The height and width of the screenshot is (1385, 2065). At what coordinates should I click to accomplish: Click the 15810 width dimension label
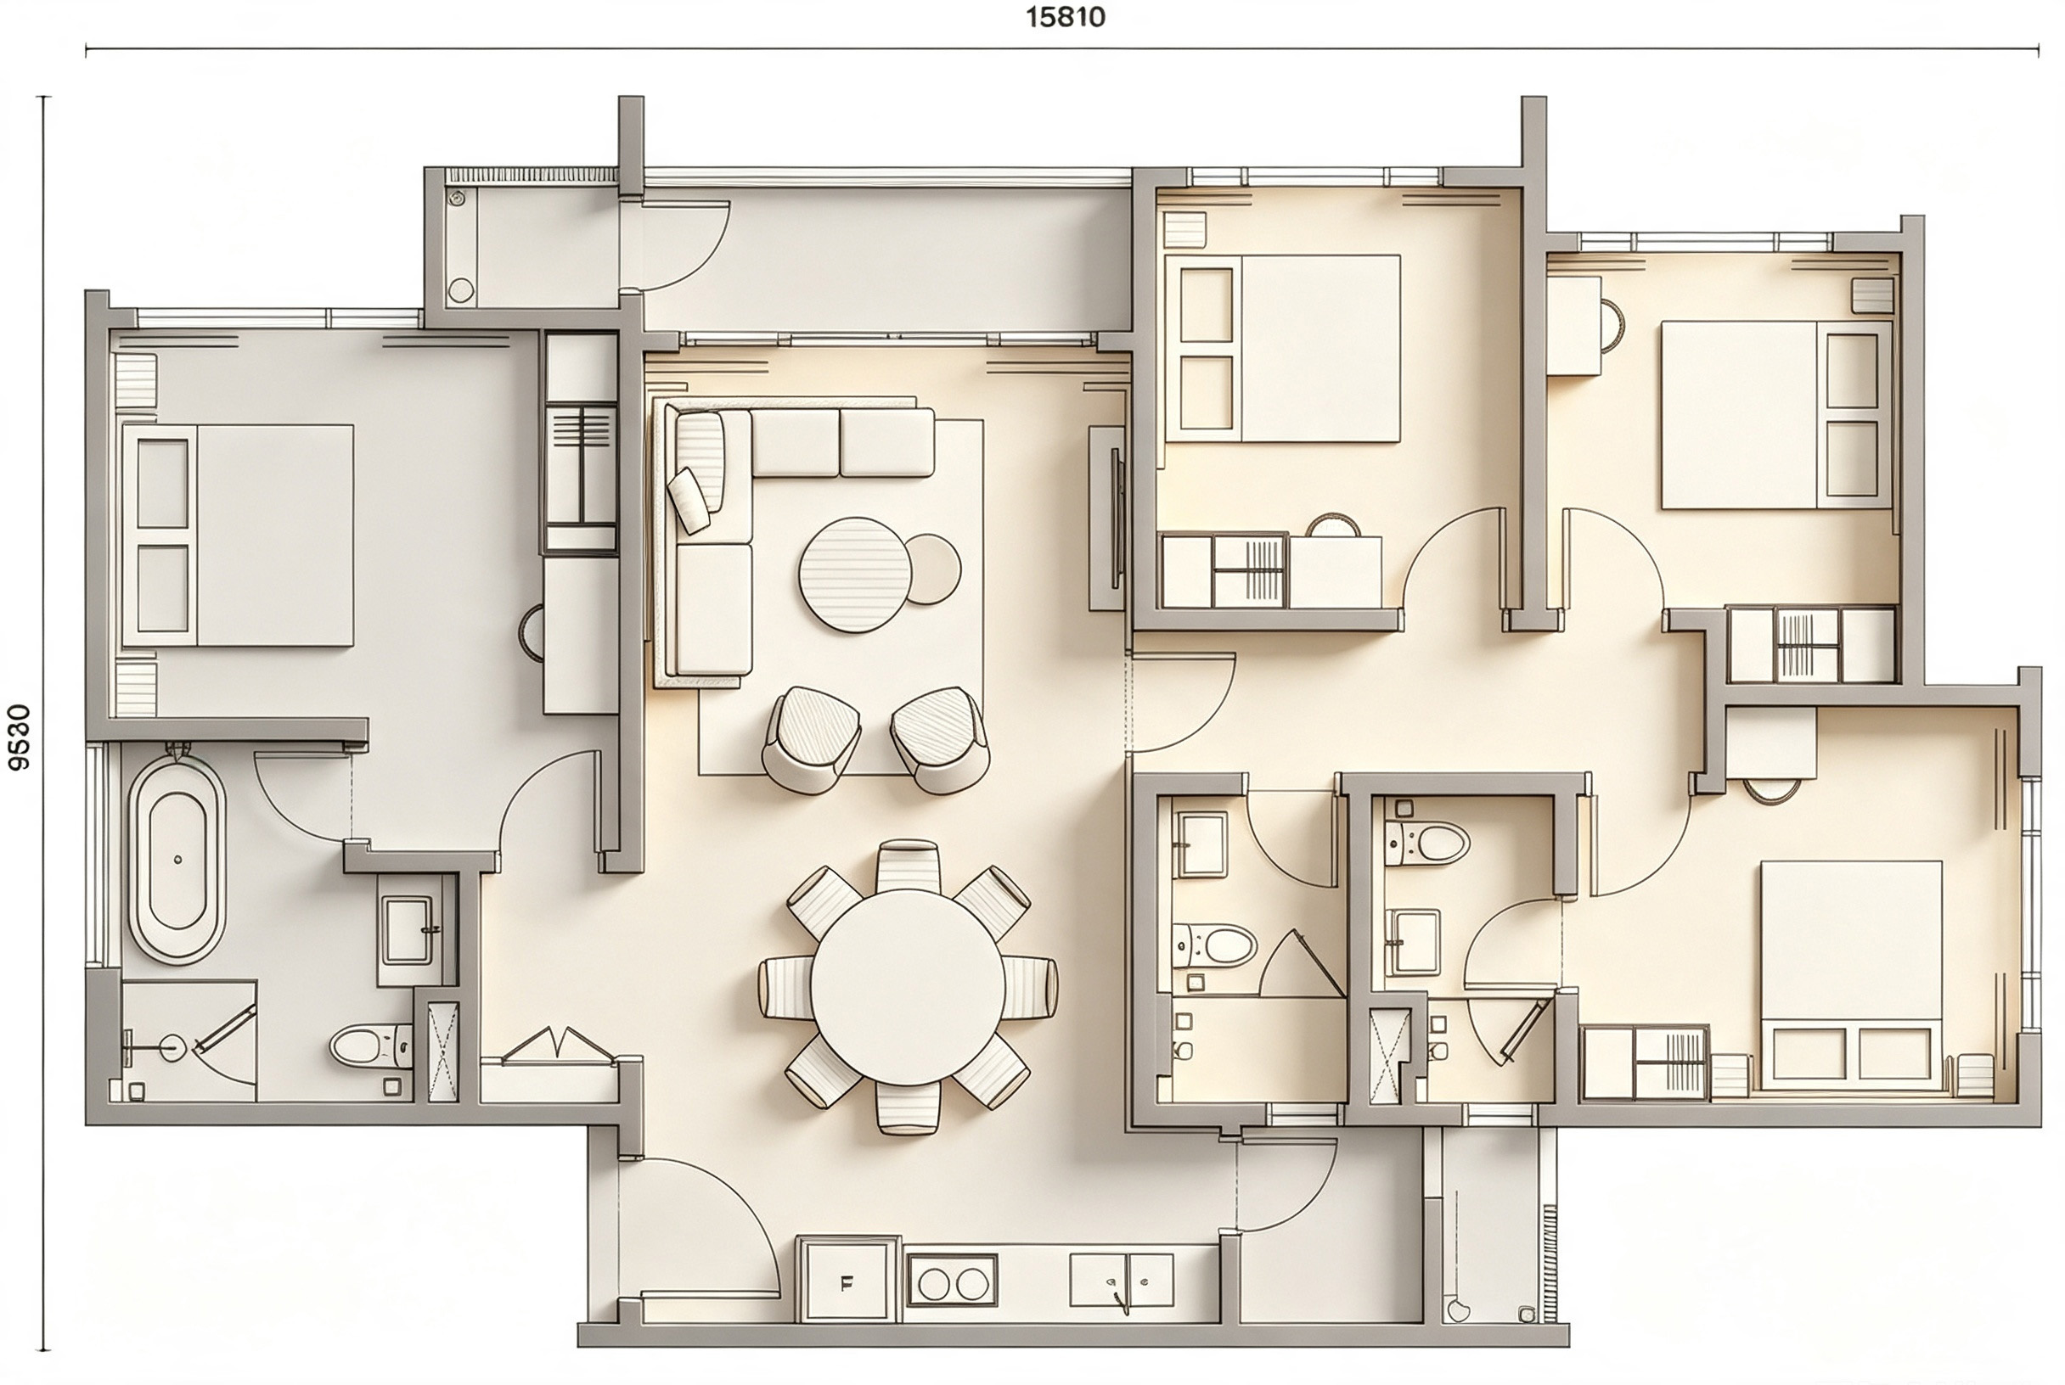(1065, 17)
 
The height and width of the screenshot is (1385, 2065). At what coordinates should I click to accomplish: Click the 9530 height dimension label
(19, 737)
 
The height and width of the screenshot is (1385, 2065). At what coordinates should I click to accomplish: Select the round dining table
(908, 987)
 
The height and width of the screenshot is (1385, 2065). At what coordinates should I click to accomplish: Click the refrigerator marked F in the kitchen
(847, 1283)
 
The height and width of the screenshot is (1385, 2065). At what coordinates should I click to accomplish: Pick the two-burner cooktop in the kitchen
(952, 1282)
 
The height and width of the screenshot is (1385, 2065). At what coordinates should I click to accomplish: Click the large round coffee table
(854, 575)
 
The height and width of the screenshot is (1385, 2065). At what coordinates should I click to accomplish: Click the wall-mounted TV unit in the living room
(1109, 519)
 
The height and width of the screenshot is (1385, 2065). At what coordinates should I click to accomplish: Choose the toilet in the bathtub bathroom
(371, 1046)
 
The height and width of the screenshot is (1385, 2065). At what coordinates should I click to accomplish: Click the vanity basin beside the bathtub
(409, 930)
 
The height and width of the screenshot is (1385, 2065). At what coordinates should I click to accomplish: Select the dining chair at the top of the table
(908, 866)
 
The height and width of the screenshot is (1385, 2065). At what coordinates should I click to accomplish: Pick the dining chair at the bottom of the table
(908, 1107)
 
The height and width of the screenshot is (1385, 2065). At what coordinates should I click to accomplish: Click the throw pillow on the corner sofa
(689, 500)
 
